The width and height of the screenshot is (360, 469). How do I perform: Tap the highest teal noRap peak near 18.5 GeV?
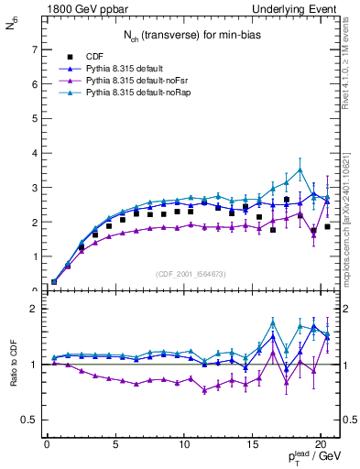(x=300, y=169)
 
